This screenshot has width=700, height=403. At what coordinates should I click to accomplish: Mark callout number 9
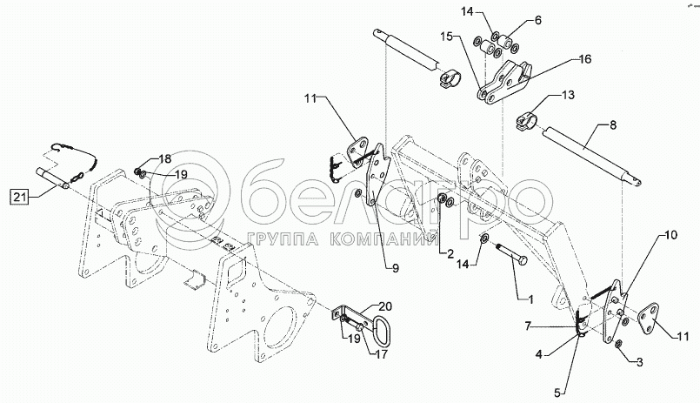pyautogui.click(x=395, y=269)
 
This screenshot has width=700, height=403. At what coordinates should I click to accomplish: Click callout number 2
pyautogui.click(x=450, y=254)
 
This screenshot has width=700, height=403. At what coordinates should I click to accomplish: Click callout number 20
pyautogui.click(x=385, y=306)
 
